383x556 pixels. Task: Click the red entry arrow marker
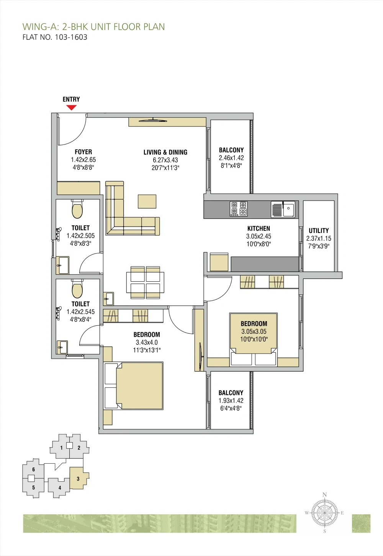[71, 107]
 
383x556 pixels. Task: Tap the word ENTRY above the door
[71, 99]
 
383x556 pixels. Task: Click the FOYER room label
[83, 152]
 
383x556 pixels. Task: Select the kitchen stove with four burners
[238, 208]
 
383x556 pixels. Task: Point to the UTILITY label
[319, 230]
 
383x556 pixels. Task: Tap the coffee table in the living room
[147, 202]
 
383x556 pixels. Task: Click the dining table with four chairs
[145, 282]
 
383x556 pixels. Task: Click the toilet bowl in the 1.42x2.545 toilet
[77, 289]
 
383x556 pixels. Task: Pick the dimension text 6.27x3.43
[165, 160]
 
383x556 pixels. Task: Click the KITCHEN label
[259, 228]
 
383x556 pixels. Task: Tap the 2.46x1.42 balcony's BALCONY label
[231, 150]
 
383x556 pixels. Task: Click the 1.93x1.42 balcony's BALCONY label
[231, 393]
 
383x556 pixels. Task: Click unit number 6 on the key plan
[33, 469]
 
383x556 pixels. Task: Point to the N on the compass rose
[324, 495]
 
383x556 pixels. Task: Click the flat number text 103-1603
[71, 37]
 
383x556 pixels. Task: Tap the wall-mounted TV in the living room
[153, 121]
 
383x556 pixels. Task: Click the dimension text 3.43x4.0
[147, 342]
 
